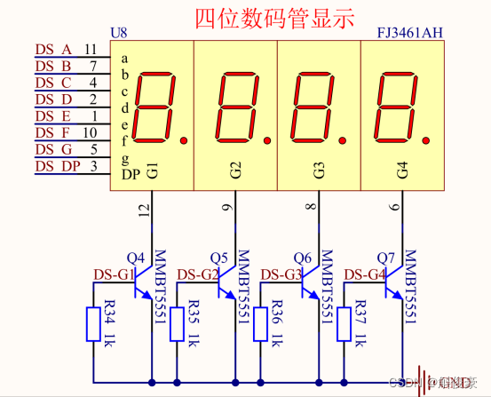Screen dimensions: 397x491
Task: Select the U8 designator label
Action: pos(118,33)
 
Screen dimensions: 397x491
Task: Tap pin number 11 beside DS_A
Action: pos(91,49)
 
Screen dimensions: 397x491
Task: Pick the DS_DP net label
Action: pos(57,167)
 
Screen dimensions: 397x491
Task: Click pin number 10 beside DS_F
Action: pos(91,133)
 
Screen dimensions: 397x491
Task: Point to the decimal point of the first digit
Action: pos(184,139)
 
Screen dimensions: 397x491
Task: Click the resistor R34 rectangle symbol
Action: pos(93,324)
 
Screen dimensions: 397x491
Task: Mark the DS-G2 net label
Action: pos(198,274)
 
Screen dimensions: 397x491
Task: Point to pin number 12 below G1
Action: pos(144,210)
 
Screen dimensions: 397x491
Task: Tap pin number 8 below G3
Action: pos(310,208)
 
